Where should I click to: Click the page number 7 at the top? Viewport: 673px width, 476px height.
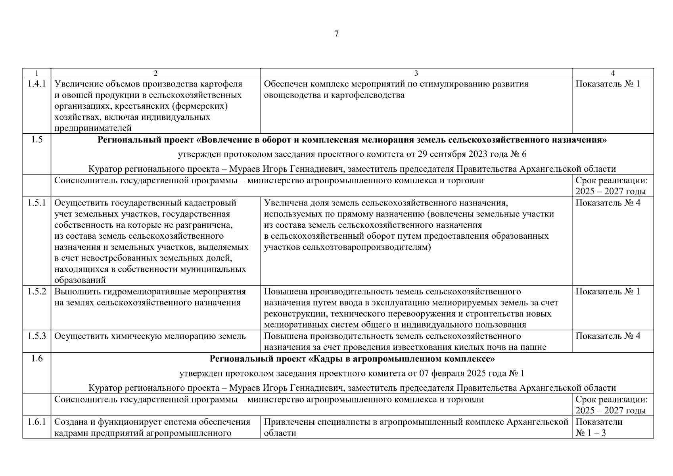tap(336, 34)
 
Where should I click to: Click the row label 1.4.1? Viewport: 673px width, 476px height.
tap(36, 84)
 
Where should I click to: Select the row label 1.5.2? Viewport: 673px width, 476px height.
tap(36, 292)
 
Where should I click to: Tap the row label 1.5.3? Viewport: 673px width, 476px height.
tap(36, 336)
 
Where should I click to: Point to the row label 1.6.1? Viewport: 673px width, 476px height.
tap(36, 422)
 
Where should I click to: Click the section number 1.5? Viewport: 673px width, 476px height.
tap(36, 140)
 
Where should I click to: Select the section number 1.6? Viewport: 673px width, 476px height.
tap(36, 359)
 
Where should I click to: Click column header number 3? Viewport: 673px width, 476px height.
tap(416, 73)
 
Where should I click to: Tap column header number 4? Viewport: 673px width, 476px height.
tap(612, 73)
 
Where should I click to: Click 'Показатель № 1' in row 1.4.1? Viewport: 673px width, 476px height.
tap(607, 84)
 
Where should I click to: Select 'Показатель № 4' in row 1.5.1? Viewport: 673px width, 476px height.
tap(607, 203)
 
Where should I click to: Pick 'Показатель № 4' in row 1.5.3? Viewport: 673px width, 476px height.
tap(607, 336)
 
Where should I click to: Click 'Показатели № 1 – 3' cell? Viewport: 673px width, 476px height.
tap(599, 427)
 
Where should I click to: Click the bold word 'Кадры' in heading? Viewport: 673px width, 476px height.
tap(326, 359)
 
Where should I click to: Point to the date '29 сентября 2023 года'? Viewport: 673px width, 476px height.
tap(453, 154)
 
